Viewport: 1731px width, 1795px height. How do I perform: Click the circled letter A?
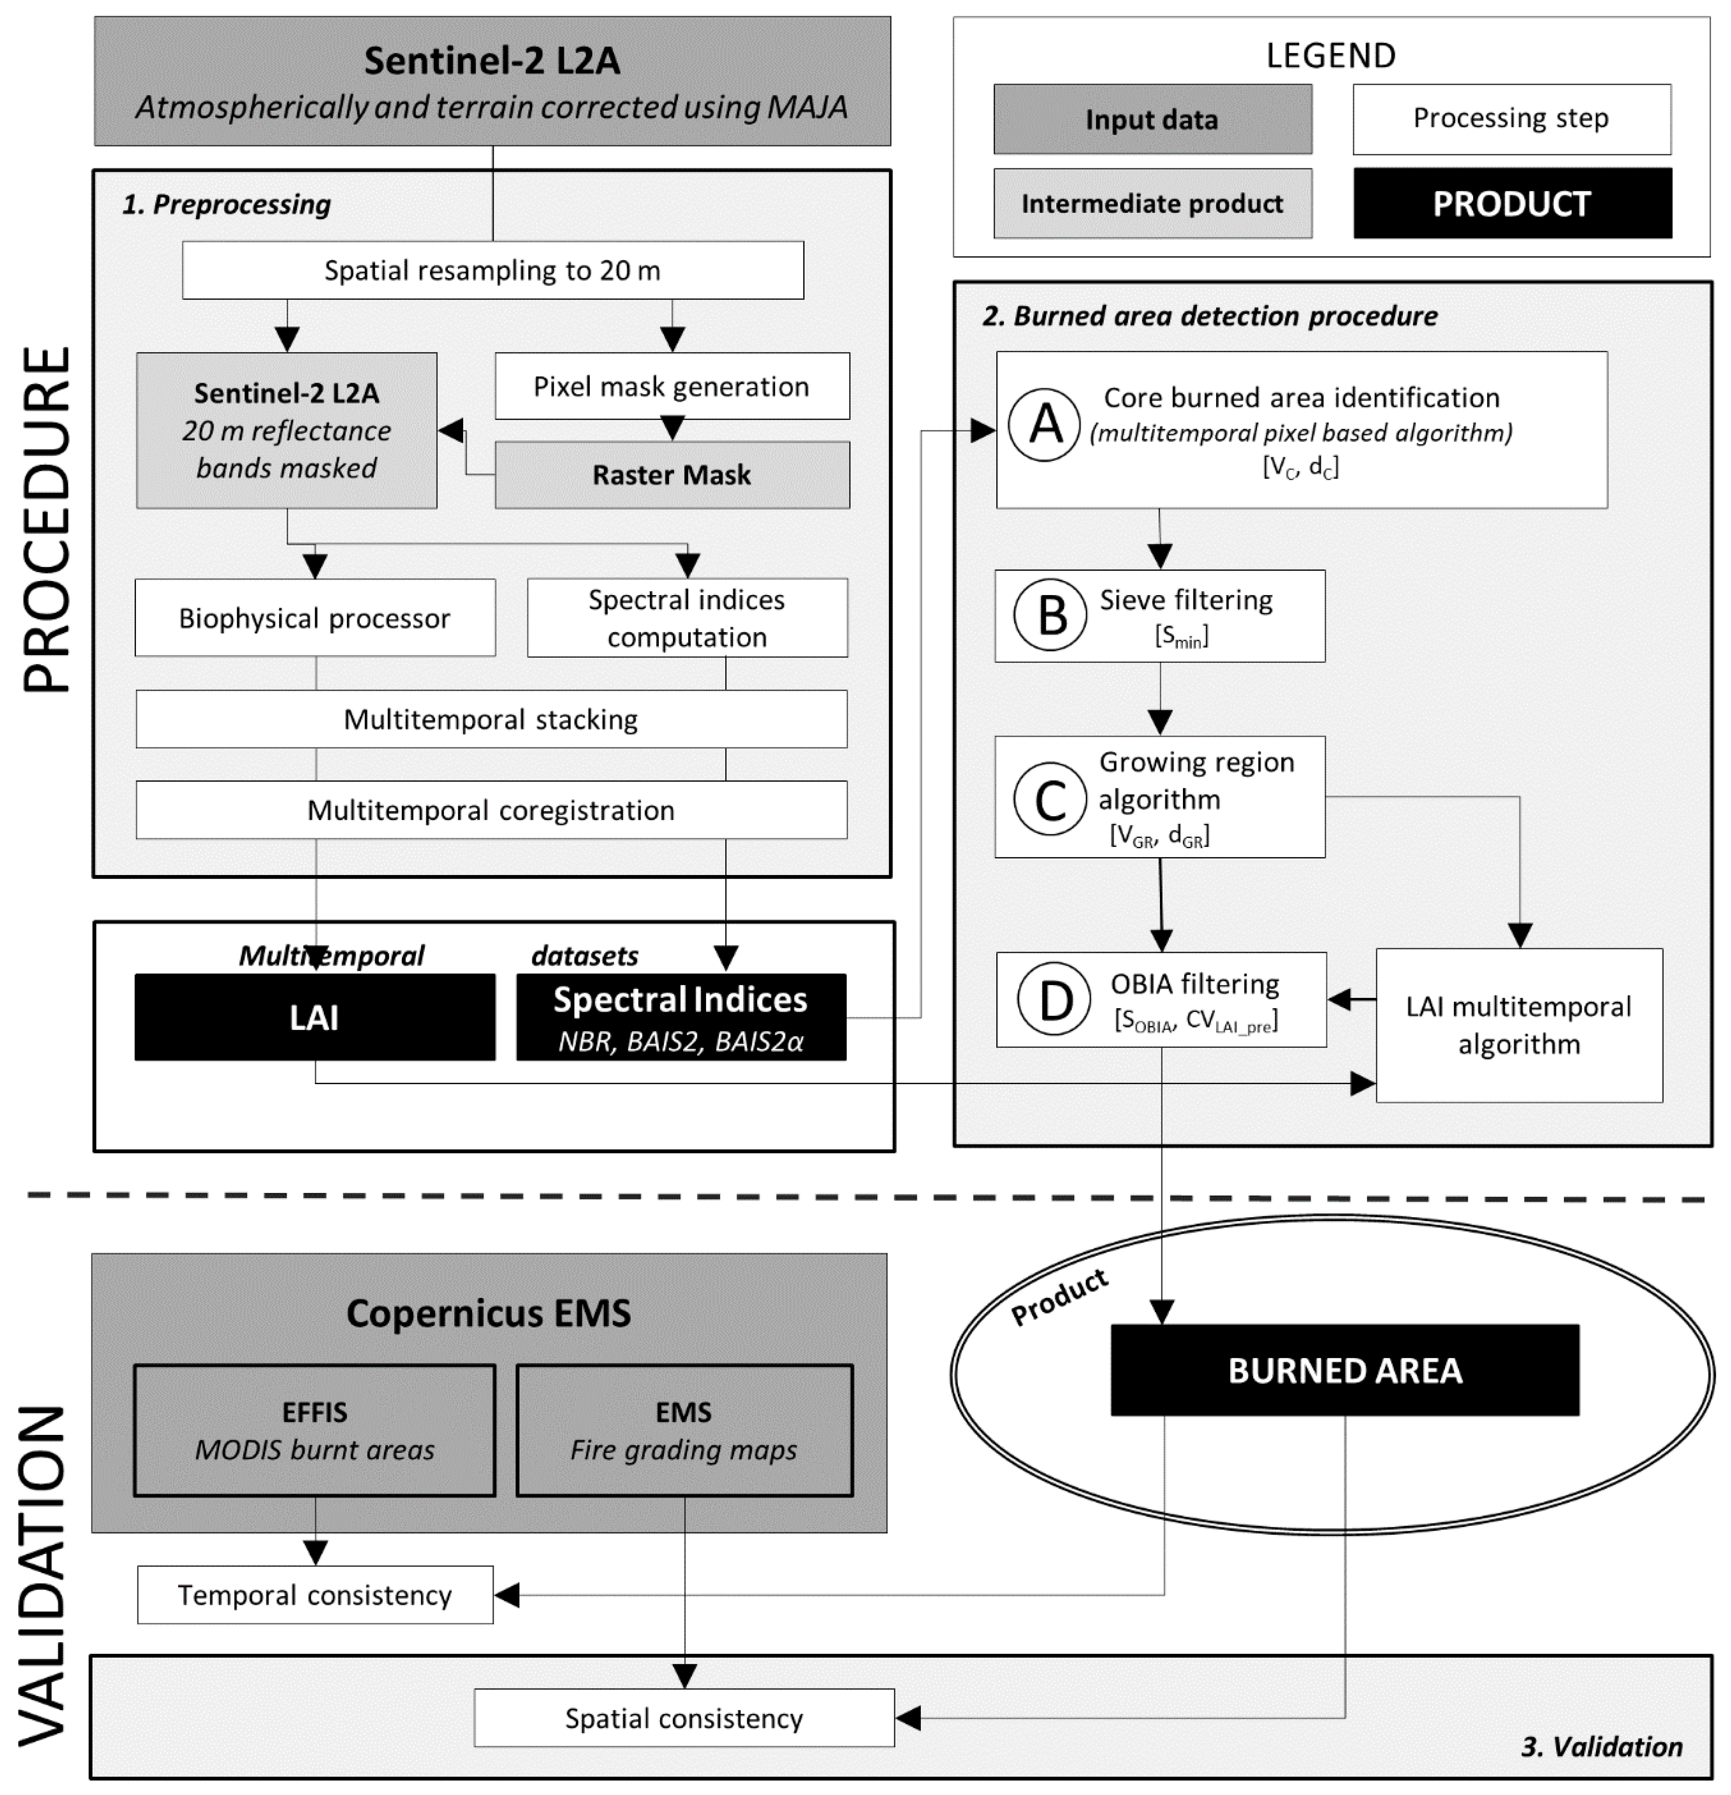[x=1046, y=424]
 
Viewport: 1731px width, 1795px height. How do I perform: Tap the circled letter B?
[x=1051, y=615]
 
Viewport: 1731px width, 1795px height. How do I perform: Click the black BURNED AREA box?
[x=1345, y=1370]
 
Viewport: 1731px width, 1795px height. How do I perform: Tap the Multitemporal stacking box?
[x=491, y=719]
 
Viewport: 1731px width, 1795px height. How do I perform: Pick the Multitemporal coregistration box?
[x=491, y=810]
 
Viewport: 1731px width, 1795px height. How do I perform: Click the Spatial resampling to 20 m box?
[x=493, y=270]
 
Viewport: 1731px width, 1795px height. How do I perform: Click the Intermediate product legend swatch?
[x=1152, y=204]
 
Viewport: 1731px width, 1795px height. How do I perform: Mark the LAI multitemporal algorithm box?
[x=1519, y=1025]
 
